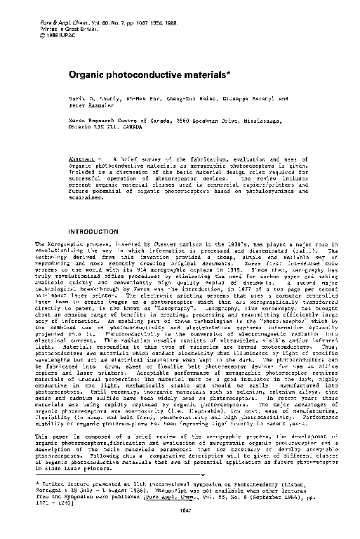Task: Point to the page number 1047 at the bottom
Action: [x=181, y=531]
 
